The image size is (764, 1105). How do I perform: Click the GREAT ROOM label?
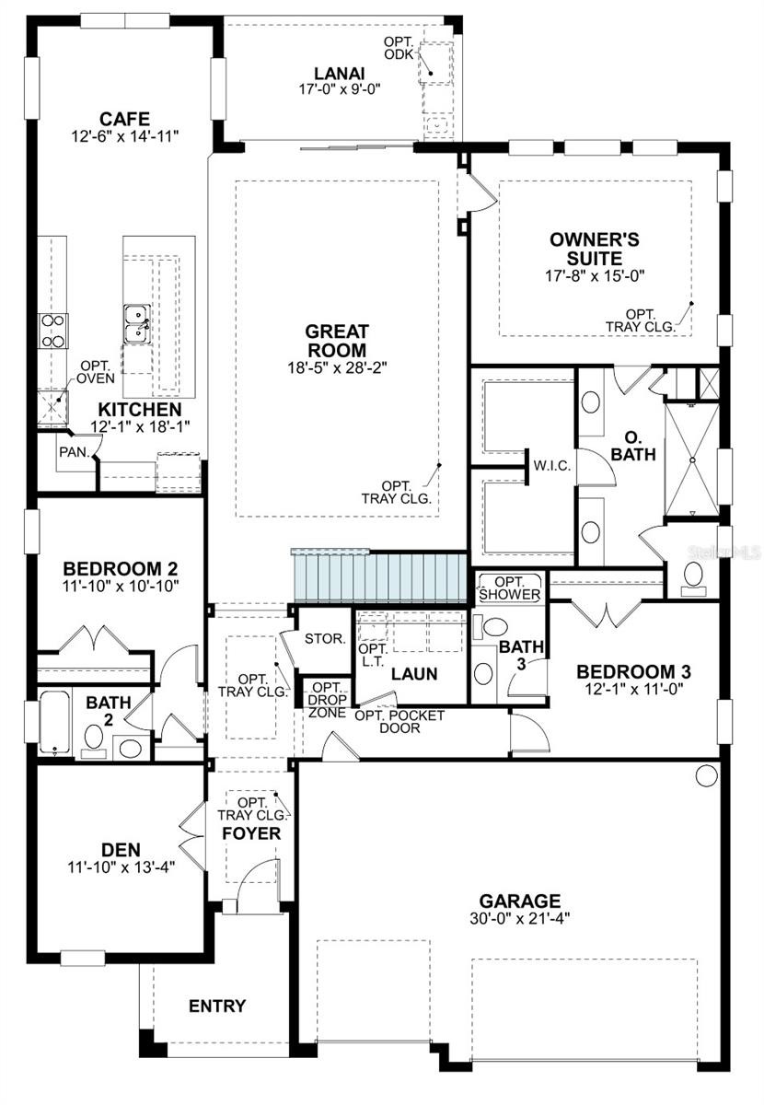(x=336, y=341)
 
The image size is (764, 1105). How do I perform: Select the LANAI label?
(x=340, y=74)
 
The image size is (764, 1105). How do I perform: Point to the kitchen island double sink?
(x=136, y=323)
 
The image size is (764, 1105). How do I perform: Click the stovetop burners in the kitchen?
(x=53, y=331)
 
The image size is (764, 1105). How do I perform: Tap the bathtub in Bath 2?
(x=54, y=722)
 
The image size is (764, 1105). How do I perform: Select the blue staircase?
(x=379, y=576)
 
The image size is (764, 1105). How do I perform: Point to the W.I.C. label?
(x=552, y=465)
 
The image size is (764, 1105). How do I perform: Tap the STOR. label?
(x=325, y=639)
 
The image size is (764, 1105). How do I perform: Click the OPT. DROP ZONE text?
(x=327, y=701)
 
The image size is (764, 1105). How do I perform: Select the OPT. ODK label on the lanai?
(x=399, y=48)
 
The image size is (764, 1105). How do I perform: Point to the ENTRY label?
(x=217, y=1006)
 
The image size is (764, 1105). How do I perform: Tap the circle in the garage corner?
(x=706, y=775)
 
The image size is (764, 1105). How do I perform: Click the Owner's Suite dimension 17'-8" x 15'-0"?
(x=595, y=275)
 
